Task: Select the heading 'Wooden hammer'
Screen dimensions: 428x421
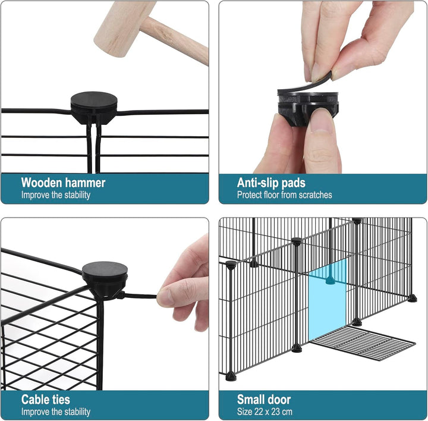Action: click(x=63, y=183)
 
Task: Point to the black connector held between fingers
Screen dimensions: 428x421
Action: click(x=308, y=108)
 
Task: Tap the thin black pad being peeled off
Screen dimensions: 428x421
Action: click(x=305, y=84)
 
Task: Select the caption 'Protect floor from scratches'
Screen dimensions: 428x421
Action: click(x=284, y=195)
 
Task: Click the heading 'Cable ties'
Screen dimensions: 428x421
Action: click(x=46, y=400)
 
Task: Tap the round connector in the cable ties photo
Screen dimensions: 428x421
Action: click(x=105, y=280)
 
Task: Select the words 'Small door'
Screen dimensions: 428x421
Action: click(x=264, y=400)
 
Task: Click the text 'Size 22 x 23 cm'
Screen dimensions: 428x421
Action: click(x=265, y=411)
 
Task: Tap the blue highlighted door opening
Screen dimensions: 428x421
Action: click(x=328, y=300)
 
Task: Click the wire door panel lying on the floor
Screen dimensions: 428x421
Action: click(x=363, y=343)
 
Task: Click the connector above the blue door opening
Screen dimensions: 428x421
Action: click(x=330, y=280)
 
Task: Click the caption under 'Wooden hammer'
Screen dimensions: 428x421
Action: click(x=56, y=195)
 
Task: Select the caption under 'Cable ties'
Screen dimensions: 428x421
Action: click(x=56, y=411)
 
